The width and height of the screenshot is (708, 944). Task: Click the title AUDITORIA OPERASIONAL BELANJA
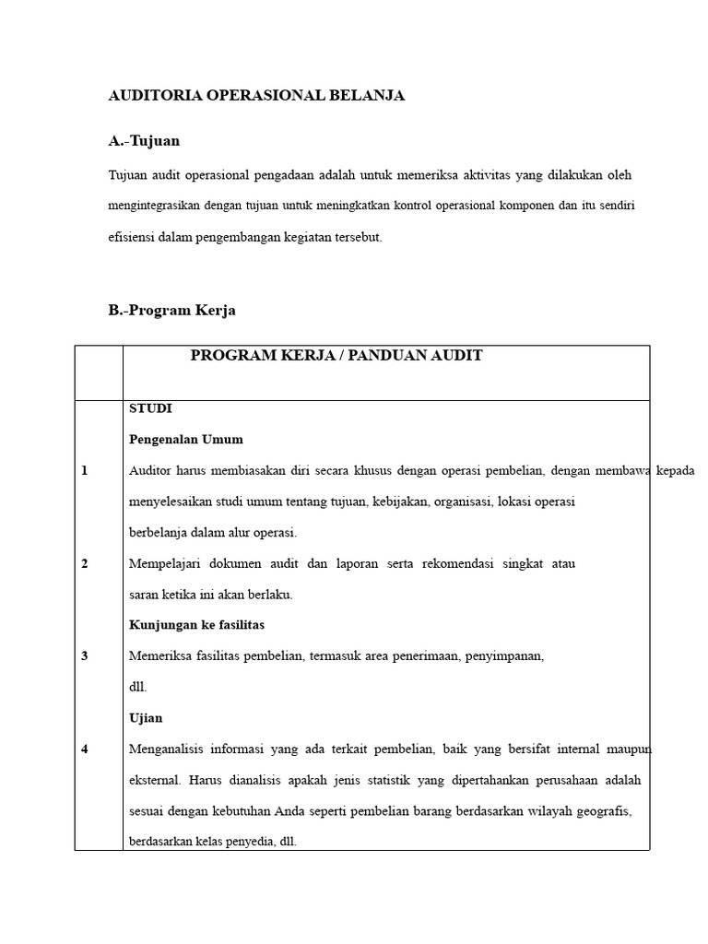pos(257,96)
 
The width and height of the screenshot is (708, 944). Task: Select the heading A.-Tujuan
pos(144,141)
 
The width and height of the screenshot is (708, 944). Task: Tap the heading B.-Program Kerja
pos(171,311)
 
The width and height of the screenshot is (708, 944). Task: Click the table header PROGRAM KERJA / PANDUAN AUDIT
pos(336,356)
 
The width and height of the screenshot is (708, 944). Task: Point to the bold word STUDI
pos(150,407)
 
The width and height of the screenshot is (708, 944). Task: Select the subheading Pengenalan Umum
pos(185,439)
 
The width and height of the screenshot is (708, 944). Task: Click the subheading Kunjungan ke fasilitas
pos(196,625)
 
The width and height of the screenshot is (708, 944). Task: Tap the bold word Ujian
pos(146,718)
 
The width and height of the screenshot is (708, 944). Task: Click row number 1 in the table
pos(85,470)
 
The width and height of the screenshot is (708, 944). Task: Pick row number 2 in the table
pos(85,563)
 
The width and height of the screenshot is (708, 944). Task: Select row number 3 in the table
pos(85,656)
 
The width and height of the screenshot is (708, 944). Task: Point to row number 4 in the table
pos(85,749)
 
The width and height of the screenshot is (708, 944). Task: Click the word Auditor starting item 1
pos(151,470)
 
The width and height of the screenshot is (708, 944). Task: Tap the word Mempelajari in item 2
pos(167,563)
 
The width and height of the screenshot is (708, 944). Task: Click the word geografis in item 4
pos(602,811)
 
